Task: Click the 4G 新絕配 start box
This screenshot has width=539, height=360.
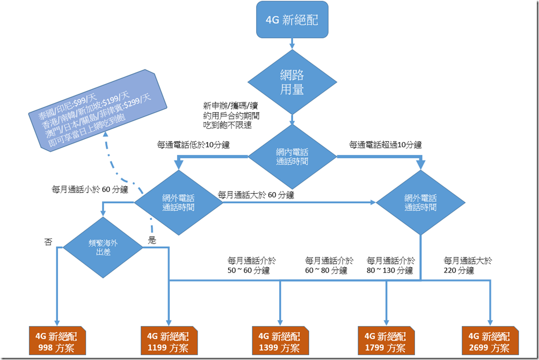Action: coord(292,20)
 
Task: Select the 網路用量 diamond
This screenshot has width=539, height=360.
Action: coord(292,82)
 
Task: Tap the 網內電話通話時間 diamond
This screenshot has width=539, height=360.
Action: coord(292,156)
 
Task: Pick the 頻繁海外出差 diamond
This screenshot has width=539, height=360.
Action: coord(103,247)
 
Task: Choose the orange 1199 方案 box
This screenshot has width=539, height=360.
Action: coord(167,342)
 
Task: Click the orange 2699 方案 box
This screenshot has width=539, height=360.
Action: coord(490,342)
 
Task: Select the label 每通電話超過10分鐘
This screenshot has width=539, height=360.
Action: coord(385,145)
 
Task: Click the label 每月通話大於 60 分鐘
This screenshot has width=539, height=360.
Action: coord(256,195)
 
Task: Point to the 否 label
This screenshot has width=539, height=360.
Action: coord(48,242)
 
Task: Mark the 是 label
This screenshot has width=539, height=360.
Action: coord(152,240)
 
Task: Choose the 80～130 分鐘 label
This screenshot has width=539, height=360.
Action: coord(390,266)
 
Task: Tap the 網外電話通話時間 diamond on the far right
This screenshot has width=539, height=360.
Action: coord(420,202)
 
